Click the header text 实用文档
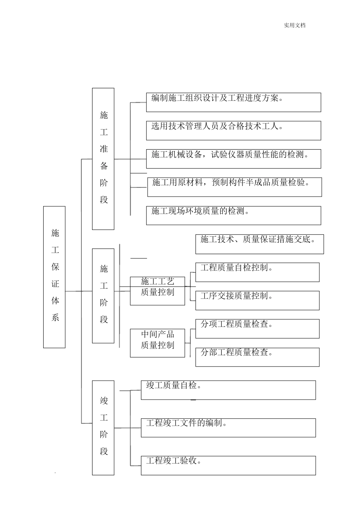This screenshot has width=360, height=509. (294, 25)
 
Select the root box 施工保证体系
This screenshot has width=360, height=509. (54, 277)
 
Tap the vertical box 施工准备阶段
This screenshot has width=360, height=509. (103, 159)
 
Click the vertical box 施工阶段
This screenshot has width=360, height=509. (103, 296)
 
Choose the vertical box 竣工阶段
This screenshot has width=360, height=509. (103, 428)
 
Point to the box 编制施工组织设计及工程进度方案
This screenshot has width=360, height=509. (233, 102)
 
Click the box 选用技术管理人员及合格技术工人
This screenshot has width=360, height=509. (233, 131)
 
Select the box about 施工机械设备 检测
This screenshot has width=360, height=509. (233, 159)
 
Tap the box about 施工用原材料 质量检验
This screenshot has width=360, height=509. (235, 187)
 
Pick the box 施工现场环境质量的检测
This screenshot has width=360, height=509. (233, 215)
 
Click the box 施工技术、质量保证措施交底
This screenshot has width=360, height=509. (260, 244)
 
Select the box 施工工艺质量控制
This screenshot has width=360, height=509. (157, 291)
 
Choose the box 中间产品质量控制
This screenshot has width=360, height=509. (157, 343)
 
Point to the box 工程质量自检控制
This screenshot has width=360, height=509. (257, 272)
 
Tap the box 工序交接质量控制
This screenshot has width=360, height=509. (257, 301)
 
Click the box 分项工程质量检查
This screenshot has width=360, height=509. (257, 329)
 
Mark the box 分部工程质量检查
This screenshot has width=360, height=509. (257, 357)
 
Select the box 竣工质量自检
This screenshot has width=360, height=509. (228, 390)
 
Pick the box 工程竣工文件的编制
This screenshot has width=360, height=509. (228, 428)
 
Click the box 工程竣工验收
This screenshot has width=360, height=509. (228, 465)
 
